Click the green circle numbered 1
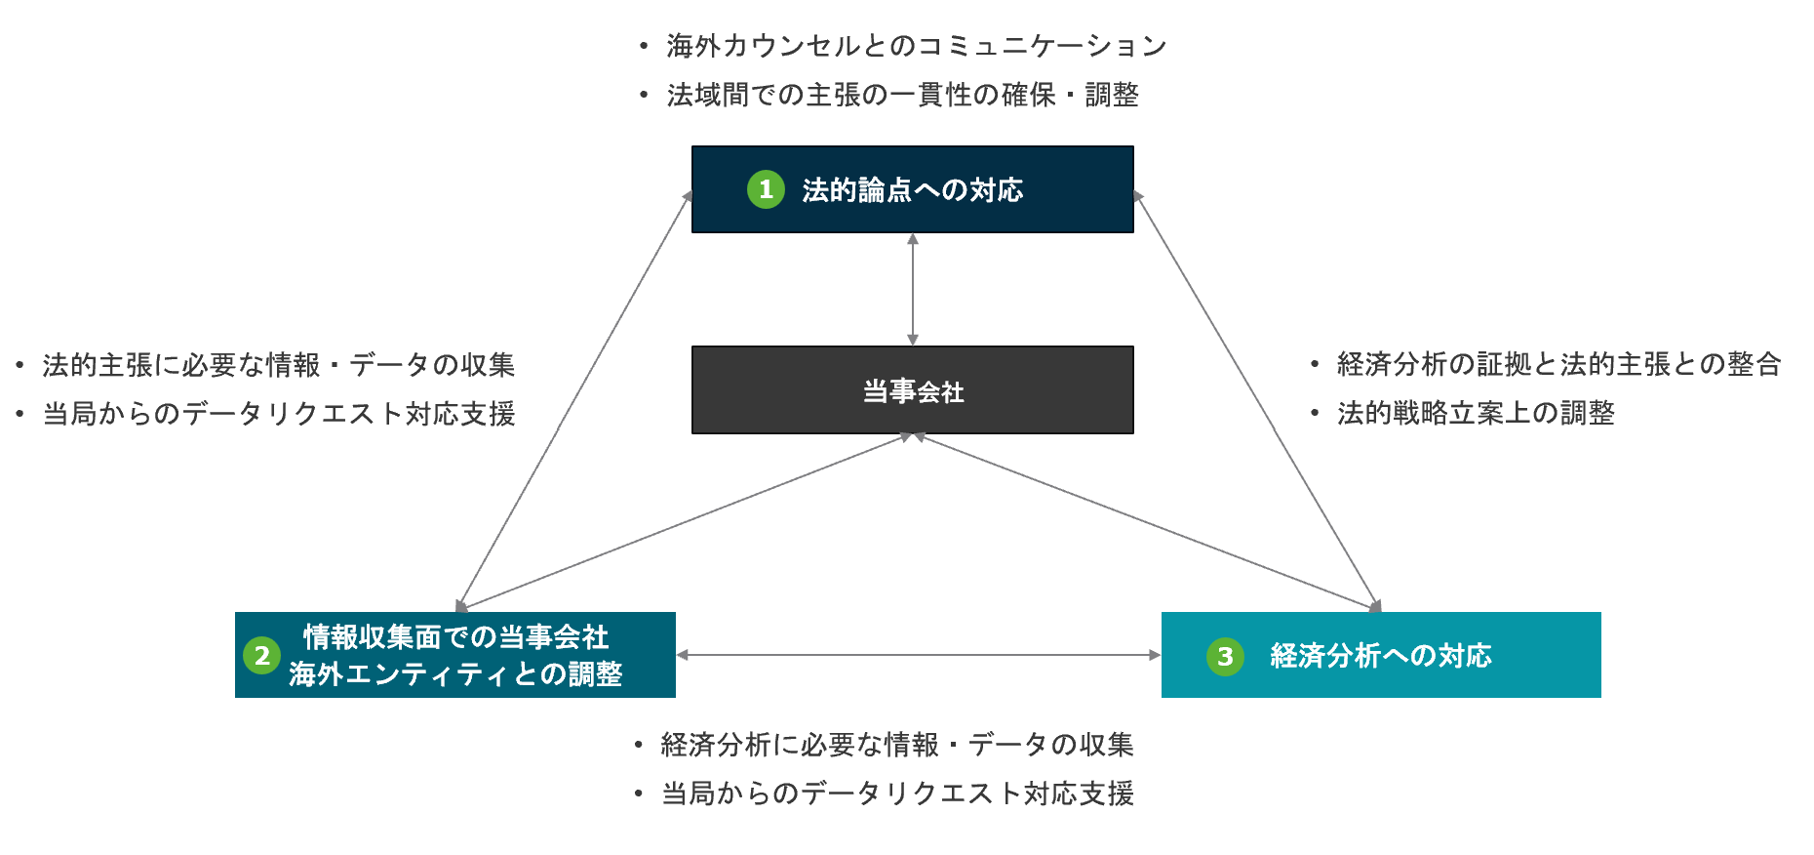point(766,189)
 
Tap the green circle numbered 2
point(261,655)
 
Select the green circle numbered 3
point(1225,656)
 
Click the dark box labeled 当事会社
point(912,390)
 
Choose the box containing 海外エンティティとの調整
point(454,655)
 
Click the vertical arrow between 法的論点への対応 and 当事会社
point(913,289)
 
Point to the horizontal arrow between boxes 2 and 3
point(918,655)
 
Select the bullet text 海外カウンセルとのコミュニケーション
point(916,46)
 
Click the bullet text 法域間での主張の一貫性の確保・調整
point(902,95)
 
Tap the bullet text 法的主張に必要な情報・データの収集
point(278,365)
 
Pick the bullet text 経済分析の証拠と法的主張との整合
point(1558,364)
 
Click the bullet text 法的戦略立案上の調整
point(1475,413)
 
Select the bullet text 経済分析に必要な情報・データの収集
point(896,745)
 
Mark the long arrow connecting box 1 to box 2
point(573,400)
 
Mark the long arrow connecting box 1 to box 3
point(1257,400)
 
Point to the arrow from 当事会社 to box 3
point(1146,522)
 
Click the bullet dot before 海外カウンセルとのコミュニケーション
point(643,46)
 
